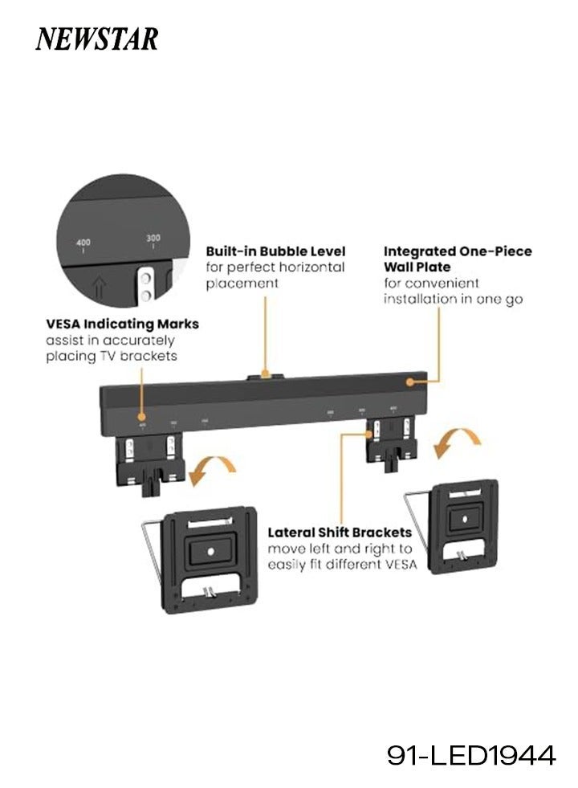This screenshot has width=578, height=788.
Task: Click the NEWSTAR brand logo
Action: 96,39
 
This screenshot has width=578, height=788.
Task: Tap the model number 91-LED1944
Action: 471,756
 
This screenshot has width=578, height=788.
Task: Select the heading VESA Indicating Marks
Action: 122,325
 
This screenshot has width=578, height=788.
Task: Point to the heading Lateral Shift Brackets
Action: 340,532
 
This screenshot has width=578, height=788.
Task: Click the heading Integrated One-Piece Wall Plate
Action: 458,259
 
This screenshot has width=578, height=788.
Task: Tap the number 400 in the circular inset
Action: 83,242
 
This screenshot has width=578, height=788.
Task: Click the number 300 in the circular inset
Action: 153,239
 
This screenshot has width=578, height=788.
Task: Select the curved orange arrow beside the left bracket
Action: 212,469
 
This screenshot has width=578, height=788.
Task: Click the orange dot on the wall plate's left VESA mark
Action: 142,416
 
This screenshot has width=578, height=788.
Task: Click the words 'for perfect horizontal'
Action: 275,267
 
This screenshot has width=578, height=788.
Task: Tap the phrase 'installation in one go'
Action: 453,299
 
